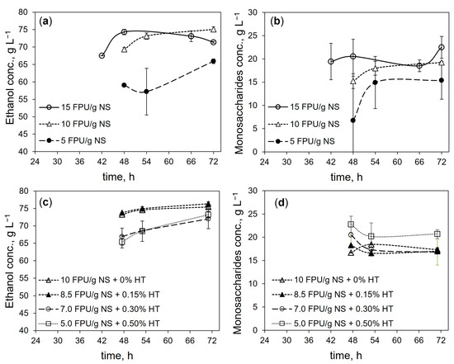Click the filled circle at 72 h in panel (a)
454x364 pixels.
coord(213,61)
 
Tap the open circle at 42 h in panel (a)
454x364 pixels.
coord(102,55)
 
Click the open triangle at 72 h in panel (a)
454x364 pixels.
coord(213,29)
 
